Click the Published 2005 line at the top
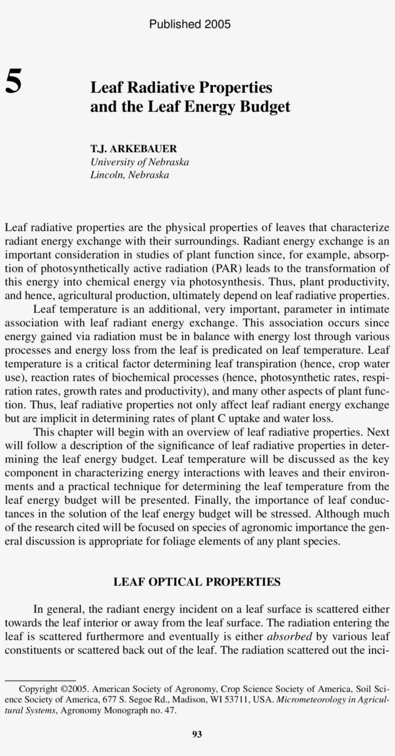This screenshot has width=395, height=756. [190, 24]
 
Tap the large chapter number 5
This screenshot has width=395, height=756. [13, 81]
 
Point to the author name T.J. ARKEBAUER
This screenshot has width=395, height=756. [133, 149]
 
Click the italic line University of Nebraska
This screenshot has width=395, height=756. [140, 162]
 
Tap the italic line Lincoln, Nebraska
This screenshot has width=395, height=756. [130, 175]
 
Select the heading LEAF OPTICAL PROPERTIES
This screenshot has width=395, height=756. [197, 582]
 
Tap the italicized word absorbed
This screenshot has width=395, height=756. [290, 637]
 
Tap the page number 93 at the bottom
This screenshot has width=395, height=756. [197, 734]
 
